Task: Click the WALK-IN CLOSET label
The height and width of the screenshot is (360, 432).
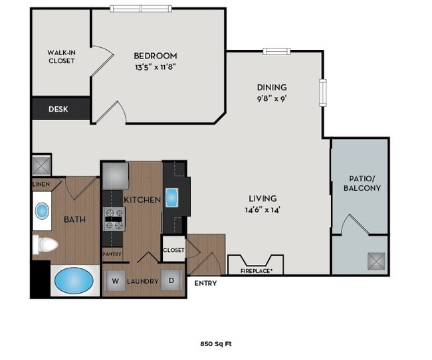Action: tap(60, 56)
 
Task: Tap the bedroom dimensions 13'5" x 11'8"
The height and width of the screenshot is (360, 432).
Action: tap(155, 66)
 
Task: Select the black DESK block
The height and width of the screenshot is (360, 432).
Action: tap(60, 109)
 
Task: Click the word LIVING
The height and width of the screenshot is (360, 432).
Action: tap(263, 199)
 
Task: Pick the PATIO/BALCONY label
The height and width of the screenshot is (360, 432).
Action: tap(362, 183)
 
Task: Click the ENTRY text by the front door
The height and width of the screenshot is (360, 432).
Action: tap(205, 284)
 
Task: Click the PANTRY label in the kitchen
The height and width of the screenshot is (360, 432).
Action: tap(111, 254)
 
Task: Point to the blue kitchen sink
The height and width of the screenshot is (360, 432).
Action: tap(172, 197)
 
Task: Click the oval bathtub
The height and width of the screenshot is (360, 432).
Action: tap(74, 280)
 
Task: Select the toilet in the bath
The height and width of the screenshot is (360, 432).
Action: tap(44, 244)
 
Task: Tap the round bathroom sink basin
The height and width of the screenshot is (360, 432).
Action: tap(42, 211)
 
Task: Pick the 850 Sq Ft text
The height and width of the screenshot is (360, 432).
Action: tap(215, 344)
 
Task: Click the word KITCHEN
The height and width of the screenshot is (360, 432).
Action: tap(142, 199)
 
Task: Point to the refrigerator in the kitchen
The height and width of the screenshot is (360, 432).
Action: tap(114, 175)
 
